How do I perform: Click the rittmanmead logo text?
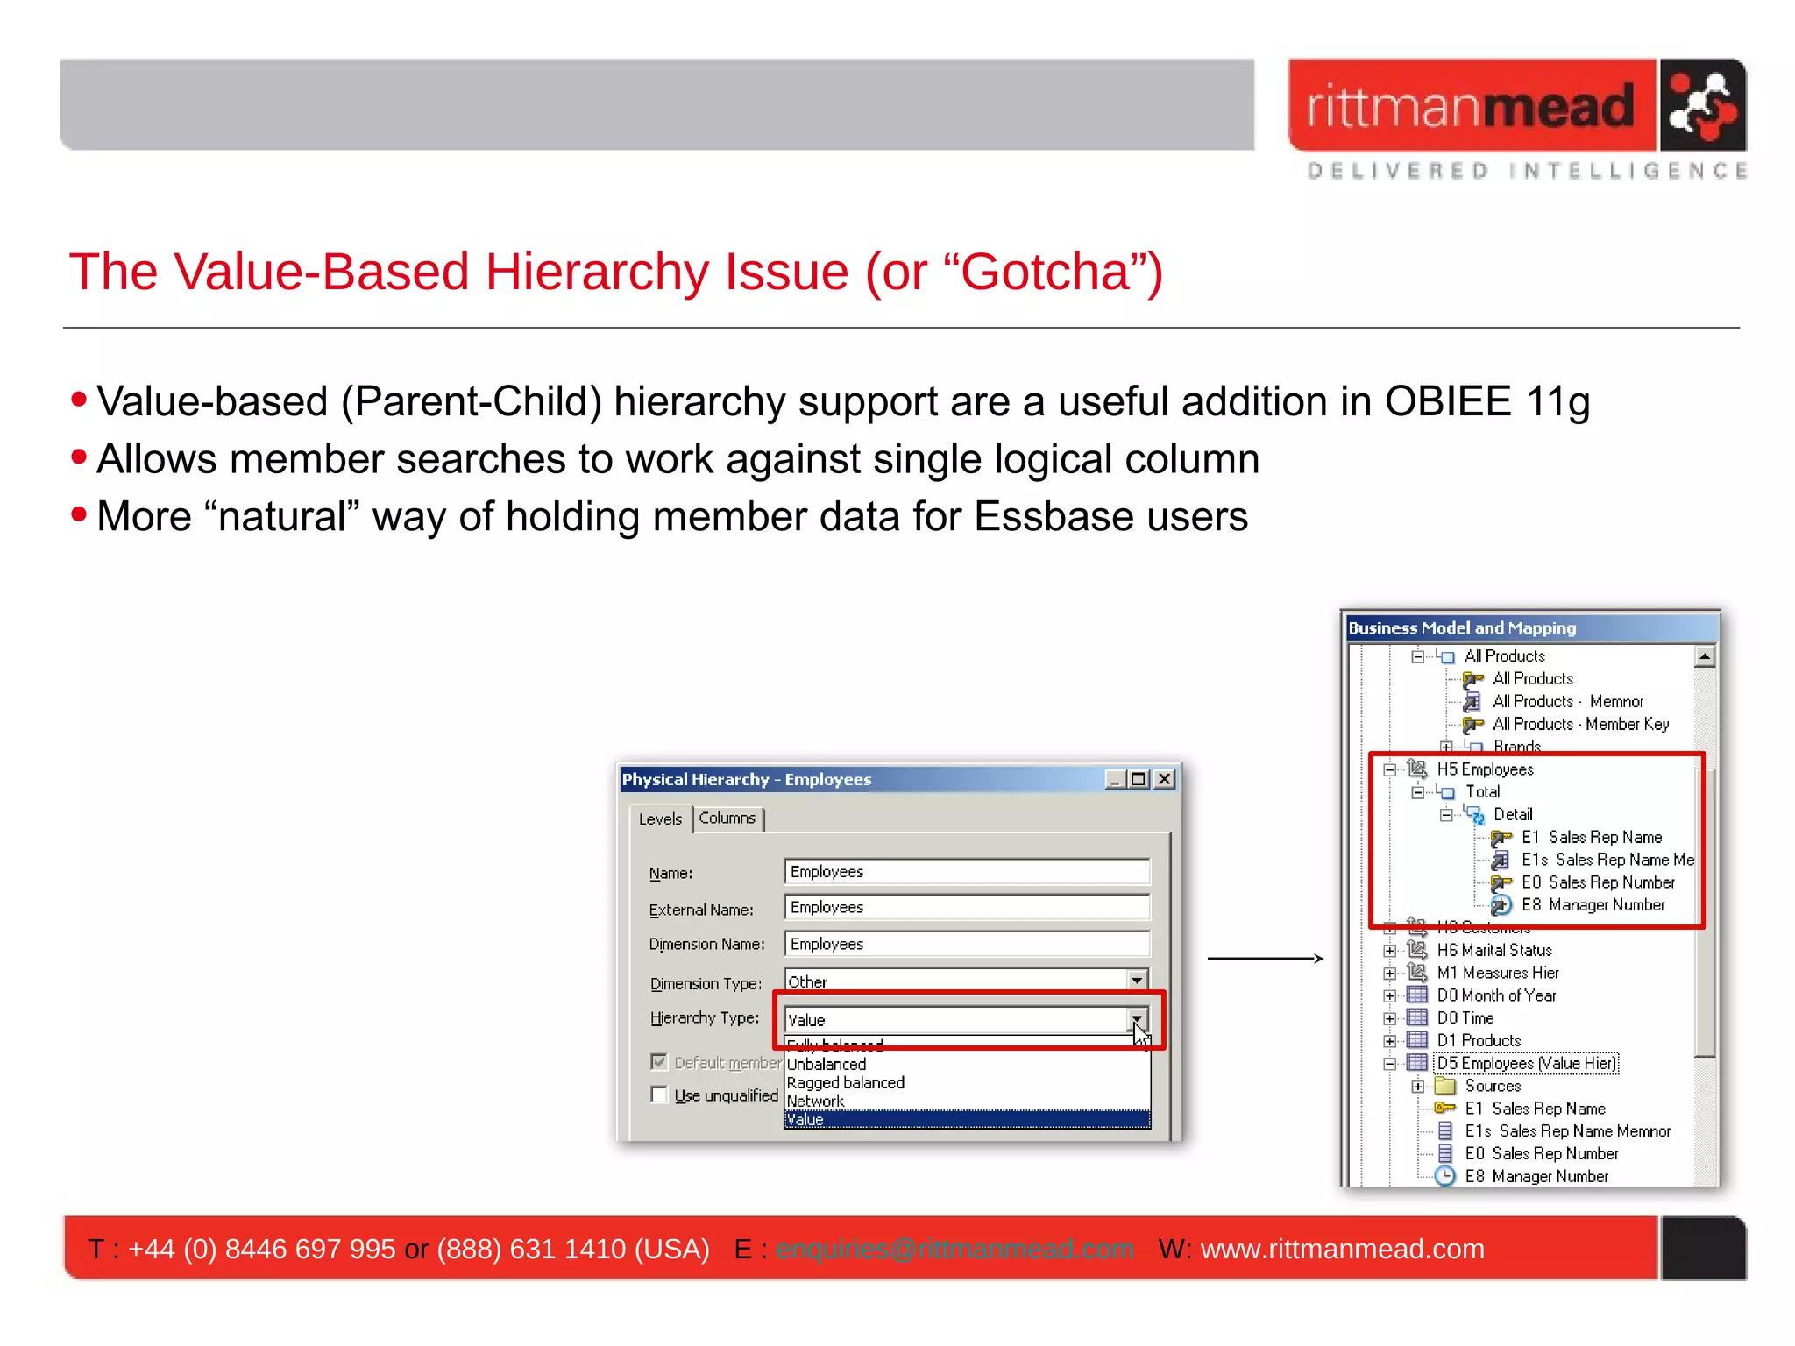[x=1471, y=107]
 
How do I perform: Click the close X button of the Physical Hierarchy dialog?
[x=1164, y=779]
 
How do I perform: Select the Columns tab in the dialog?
[x=727, y=818]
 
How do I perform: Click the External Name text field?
[x=966, y=908]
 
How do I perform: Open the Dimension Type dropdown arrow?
[x=1136, y=981]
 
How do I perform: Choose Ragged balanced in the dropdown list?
[x=845, y=1083]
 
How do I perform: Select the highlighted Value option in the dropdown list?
[x=966, y=1120]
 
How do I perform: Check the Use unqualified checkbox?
[x=659, y=1095]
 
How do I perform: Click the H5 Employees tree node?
[x=1485, y=769]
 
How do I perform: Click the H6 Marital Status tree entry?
[x=1493, y=950]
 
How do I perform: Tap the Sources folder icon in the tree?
[x=1444, y=1086]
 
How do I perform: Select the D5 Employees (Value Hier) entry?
[x=1526, y=1063]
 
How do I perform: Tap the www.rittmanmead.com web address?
[x=1342, y=1249]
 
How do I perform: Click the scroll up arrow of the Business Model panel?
[x=1704, y=656]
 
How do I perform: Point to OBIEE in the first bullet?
[x=1448, y=402]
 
